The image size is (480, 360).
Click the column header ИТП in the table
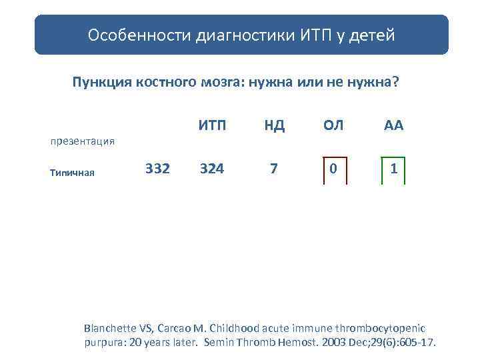pyautogui.click(x=212, y=125)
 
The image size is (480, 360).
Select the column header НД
pyautogui.click(x=274, y=125)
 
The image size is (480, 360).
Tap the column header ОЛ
pyautogui.click(x=333, y=125)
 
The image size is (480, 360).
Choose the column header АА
pyautogui.click(x=393, y=125)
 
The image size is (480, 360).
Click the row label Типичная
pyautogui.click(x=72, y=173)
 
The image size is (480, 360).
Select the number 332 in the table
pyautogui.click(x=157, y=169)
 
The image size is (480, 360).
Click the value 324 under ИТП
pyautogui.click(x=212, y=169)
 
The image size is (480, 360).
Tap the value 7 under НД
pyautogui.click(x=273, y=169)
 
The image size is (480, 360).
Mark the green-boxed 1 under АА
pyautogui.click(x=394, y=169)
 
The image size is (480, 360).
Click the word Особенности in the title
pyautogui.click(x=139, y=35)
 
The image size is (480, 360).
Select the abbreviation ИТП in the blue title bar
pyautogui.click(x=315, y=35)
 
